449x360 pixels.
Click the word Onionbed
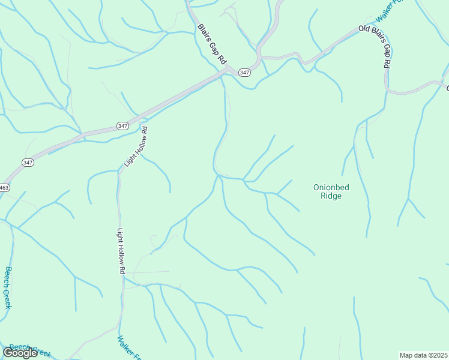[331, 187]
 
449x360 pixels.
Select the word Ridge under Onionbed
[331, 196]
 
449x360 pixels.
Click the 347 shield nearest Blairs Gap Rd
[244, 73]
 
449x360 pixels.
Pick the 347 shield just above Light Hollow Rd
[122, 126]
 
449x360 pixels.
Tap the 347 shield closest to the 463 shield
[28, 163]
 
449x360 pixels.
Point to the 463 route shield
[4, 188]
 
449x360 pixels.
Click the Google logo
[20, 353]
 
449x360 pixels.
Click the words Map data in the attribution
[414, 355]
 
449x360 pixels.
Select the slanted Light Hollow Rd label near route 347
[135, 148]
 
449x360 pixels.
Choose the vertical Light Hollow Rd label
[121, 251]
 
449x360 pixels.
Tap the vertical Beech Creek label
[8, 287]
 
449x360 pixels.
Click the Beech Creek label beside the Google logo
[30, 349]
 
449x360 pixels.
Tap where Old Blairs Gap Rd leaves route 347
[262, 58]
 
